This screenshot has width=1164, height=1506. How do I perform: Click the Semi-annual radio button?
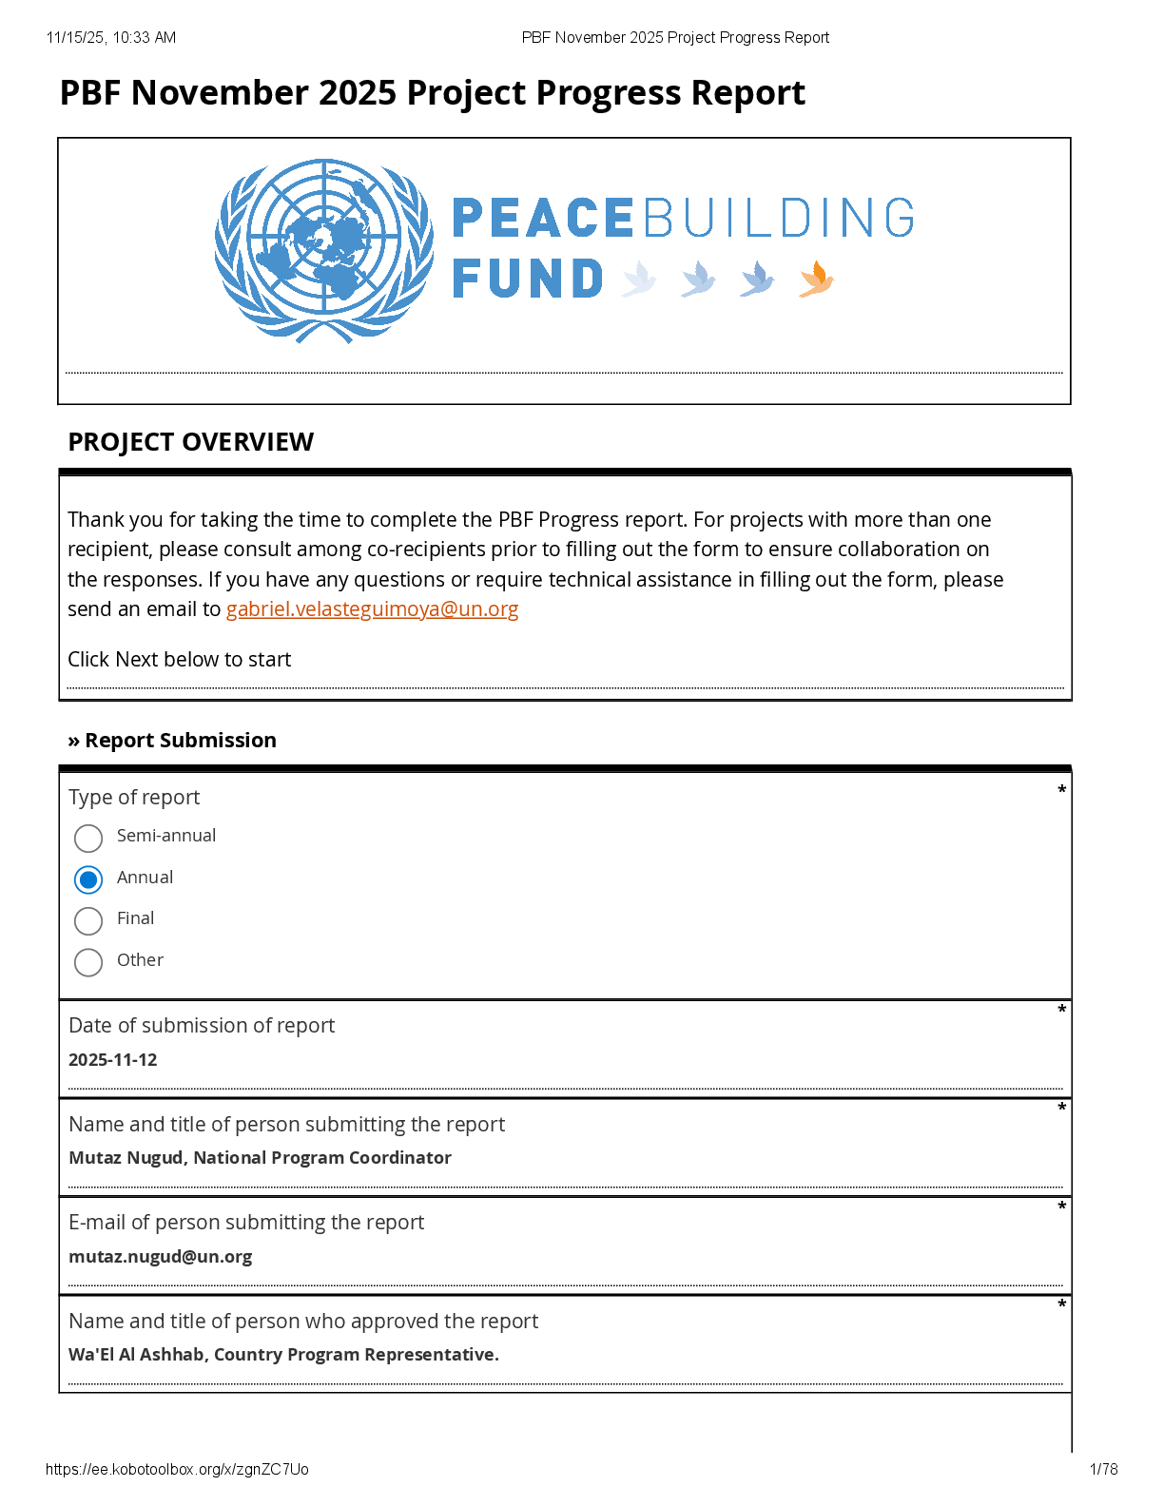click(x=88, y=838)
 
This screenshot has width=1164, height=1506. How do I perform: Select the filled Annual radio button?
click(x=88, y=879)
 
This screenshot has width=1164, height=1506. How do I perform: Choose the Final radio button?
click(x=88, y=920)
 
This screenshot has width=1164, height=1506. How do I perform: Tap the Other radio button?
click(x=88, y=962)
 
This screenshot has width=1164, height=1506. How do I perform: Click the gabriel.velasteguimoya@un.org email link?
click(x=372, y=609)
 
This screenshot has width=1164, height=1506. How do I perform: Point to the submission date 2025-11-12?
click(x=113, y=1060)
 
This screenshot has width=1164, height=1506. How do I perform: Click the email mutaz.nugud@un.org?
click(x=161, y=1257)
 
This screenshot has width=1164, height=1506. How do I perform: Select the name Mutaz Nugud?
click(x=126, y=1158)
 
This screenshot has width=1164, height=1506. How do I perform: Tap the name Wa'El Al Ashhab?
click(x=136, y=1355)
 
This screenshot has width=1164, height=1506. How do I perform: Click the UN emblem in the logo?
click(x=324, y=250)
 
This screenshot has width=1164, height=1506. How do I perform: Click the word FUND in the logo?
click(x=528, y=279)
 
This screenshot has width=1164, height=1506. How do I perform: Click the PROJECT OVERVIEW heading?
click(x=190, y=442)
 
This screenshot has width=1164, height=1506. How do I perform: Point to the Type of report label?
click(x=134, y=798)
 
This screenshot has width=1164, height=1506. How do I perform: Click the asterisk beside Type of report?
click(x=1061, y=790)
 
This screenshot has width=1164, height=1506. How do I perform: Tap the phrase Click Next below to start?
click(x=179, y=660)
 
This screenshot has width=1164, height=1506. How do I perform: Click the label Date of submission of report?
click(x=202, y=1026)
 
